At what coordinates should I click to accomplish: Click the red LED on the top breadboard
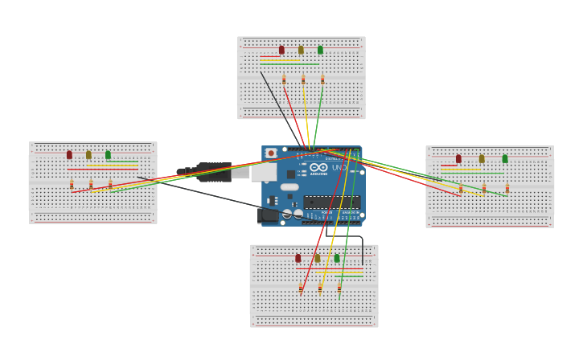pos(281,50)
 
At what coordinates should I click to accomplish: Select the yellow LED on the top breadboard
pos(301,50)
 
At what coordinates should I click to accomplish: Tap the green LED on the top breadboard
pos(320,50)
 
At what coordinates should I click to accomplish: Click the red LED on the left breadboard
pos(69,154)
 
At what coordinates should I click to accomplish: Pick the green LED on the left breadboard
pos(108,154)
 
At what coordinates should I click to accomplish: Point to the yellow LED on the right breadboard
pos(482,159)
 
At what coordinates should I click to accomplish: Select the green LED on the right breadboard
pos(505,159)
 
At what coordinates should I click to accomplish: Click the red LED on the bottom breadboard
pos(298,258)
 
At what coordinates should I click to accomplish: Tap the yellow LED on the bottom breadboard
pos(317,258)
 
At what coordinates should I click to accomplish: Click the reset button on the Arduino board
pos(271,153)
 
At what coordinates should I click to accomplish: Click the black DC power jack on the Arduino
pos(269,215)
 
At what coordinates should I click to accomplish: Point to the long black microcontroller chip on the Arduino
pos(331,202)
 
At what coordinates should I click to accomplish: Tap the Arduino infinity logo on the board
pos(319,168)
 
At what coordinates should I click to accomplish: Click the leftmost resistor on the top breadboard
pos(284,80)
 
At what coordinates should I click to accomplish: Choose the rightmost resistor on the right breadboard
pos(507,189)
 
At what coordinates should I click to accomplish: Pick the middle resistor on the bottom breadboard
pos(320,288)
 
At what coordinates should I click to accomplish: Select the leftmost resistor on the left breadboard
pos(72,185)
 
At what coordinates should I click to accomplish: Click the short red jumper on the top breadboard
pos(270,56)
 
